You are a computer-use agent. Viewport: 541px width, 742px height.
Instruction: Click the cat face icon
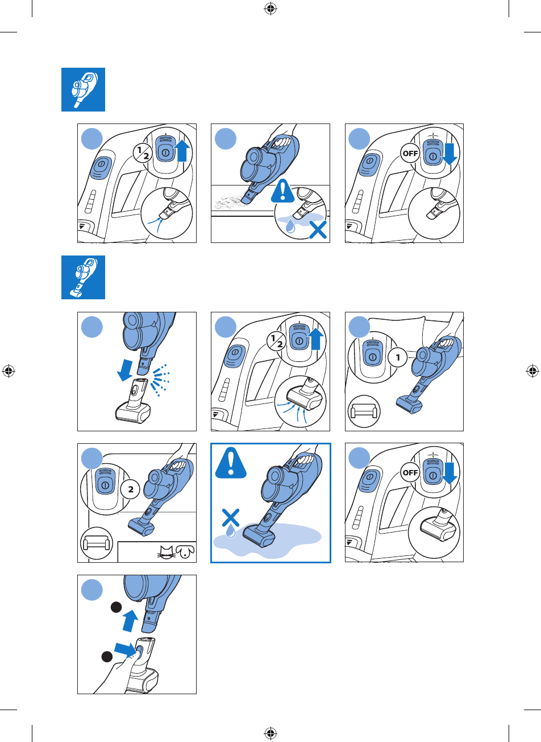167,551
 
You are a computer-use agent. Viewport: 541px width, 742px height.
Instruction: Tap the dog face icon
185,551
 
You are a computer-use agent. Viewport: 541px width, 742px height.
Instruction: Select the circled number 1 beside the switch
398,357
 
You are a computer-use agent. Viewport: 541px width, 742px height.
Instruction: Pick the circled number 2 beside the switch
130,489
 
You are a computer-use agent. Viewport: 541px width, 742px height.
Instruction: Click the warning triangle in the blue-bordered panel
231,463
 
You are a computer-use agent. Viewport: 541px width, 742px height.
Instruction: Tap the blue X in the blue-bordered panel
231,518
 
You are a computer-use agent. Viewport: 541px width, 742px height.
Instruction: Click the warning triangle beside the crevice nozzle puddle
282,191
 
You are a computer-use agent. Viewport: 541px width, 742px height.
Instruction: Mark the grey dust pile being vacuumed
231,201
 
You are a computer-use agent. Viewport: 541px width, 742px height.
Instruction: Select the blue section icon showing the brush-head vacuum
83,277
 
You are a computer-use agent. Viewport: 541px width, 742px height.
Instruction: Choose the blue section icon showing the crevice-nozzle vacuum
83,89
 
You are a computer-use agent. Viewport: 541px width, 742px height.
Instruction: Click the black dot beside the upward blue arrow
116,608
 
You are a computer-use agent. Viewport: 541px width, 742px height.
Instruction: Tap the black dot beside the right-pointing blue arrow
106,656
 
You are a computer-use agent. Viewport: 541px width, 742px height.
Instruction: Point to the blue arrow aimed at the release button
125,650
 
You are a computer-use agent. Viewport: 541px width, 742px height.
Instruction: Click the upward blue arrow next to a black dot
130,620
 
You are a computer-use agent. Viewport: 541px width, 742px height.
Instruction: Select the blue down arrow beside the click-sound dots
125,370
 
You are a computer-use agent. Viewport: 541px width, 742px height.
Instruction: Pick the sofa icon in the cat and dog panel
97,543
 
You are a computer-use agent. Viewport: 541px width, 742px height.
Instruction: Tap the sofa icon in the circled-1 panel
364,411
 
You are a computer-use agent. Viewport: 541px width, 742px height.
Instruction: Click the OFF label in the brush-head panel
410,472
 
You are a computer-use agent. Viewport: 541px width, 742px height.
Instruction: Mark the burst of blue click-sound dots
160,380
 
